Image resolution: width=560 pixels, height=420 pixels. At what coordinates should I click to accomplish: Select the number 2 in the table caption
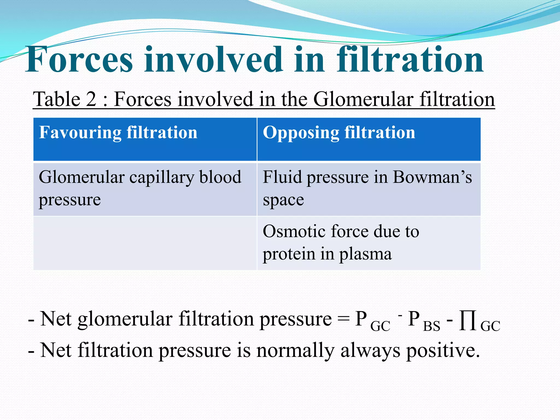pyautogui.click(x=91, y=99)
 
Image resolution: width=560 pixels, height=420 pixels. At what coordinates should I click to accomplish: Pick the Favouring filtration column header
pyautogui.click(x=118, y=133)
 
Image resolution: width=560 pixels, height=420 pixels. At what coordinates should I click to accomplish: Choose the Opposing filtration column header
pyautogui.click(x=339, y=133)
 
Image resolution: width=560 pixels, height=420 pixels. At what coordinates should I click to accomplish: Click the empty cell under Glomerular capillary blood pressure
pyautogui.click(x=145, y=243)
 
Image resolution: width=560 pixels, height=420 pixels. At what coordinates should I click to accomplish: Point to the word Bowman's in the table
pyautogui.click(x=432, y=177)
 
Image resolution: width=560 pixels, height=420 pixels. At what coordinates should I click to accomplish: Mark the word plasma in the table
pyautogui.click(x=365, y=254)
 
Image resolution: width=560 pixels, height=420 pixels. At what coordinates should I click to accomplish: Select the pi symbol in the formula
pyautogui.click(x=468, y=320)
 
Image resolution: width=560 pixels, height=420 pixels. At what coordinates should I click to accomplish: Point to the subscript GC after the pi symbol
pyautogui.click(x=490, y=326)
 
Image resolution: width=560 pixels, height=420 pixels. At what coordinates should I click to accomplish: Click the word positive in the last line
pyautogui.click(x=443, y=351)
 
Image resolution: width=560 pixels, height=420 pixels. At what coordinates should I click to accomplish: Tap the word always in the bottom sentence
pyautogui.click(x=370, y=351)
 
